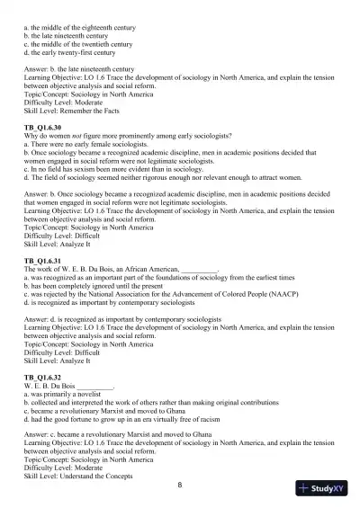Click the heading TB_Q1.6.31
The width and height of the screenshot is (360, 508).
41,260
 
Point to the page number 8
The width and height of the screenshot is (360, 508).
180,486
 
